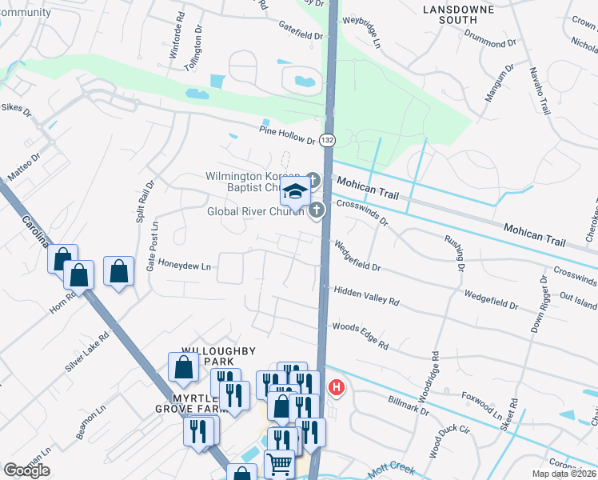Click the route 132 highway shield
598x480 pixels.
point(326,140)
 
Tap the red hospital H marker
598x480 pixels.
point(337,389)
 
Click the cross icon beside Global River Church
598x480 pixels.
point(317,211)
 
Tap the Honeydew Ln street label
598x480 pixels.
point(185,265)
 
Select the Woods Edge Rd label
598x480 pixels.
point(360,335)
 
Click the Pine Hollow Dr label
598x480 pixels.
point(288,134)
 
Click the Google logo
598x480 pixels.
point(27,470)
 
